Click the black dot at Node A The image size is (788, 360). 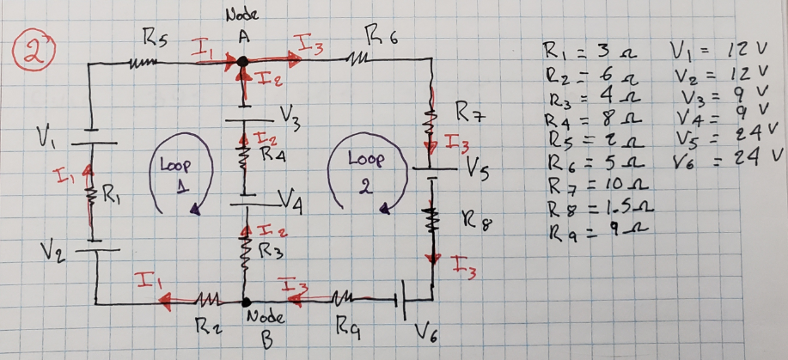coord(242,62)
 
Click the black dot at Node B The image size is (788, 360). coord(246,302)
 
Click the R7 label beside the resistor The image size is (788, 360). coord(467,111)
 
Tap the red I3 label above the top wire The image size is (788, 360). coord(308,43)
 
